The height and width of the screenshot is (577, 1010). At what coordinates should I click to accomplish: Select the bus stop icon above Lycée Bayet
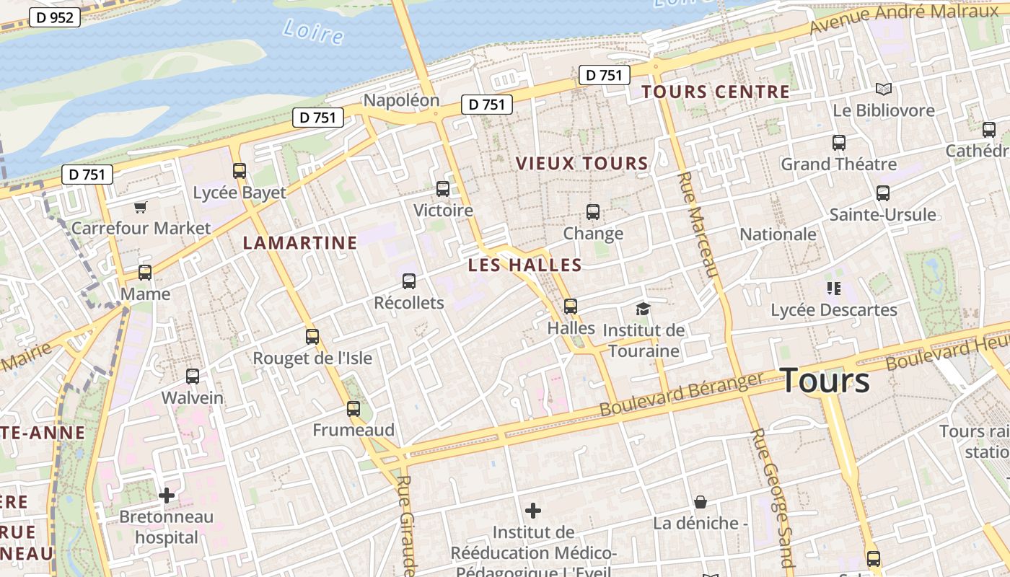tap(240, 171)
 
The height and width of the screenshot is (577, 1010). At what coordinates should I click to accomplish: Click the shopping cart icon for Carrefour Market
tap(141, 208)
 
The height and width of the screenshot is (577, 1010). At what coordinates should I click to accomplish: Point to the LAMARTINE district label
tap(300, 243)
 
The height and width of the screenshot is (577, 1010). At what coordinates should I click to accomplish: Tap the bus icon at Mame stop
tap(145, 273)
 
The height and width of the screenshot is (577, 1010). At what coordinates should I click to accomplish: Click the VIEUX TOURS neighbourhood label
tap(582, 164)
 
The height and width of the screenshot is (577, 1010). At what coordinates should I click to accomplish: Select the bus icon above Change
tap(593, 212)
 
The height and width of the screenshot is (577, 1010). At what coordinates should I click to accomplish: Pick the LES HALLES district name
tap(524, 265)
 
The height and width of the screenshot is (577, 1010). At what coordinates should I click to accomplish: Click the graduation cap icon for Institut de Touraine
tap(643, 309)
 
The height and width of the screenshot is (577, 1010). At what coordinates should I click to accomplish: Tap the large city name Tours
tap(825, 380)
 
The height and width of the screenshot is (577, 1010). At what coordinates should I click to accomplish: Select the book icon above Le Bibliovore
tap(884, 89)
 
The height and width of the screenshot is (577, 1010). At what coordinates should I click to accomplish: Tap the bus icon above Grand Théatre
tap(839, 143)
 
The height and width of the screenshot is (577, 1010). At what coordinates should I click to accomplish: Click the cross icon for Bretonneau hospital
tap(167, 495)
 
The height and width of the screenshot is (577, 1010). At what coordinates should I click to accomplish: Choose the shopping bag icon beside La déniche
tap(700, 502)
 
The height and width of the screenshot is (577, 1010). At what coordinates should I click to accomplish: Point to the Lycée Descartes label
tap(834, 310)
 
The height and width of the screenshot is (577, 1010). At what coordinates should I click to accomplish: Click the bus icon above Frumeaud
tap(353, 409)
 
